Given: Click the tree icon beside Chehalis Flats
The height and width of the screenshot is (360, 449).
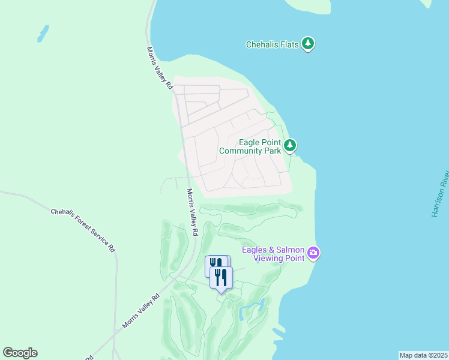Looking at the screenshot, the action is click(308, 44).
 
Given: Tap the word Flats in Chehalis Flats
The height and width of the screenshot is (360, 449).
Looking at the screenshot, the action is click(289, 44).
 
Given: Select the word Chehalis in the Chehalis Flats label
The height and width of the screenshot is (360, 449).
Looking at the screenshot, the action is click(262, 44).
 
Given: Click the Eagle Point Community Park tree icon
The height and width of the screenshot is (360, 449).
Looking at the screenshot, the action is click(290, 145).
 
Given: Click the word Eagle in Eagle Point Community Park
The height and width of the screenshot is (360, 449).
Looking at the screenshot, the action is click(249, 142).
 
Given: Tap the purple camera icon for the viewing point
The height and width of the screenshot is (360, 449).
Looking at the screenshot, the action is click(313, 253).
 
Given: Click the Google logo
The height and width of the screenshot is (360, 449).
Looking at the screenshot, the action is click(20, 353).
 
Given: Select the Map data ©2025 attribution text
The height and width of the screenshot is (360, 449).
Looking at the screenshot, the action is click(423, 355).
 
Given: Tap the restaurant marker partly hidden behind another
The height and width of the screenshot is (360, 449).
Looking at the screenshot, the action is click(213, 264).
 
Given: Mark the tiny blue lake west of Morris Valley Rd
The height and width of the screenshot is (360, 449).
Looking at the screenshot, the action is click(43, 34).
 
